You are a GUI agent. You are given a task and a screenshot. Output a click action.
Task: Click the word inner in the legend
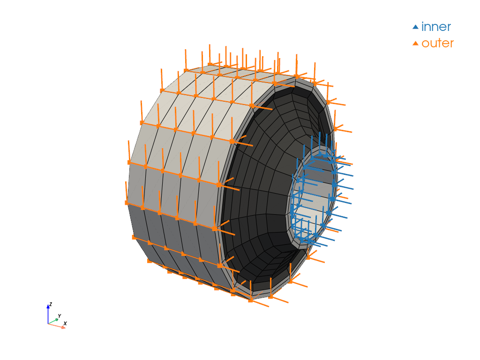pos(436,27)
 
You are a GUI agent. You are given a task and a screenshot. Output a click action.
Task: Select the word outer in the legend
pos(437,44)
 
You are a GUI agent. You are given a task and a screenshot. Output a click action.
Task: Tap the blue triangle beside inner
pos(415,27)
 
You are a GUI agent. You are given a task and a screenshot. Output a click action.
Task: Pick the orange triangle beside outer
pos(415,44)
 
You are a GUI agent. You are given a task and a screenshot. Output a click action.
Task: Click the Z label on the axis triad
pos(51,304)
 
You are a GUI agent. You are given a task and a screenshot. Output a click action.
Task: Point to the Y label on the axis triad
pos(60,316)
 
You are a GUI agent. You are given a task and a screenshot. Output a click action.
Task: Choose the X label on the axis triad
pos(65,323)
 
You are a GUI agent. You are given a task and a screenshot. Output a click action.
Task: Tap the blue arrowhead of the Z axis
pos(48,306)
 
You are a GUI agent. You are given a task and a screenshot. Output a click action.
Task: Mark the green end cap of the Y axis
pos(57,320)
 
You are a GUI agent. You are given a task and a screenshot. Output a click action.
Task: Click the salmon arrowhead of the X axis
pos(63,327)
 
